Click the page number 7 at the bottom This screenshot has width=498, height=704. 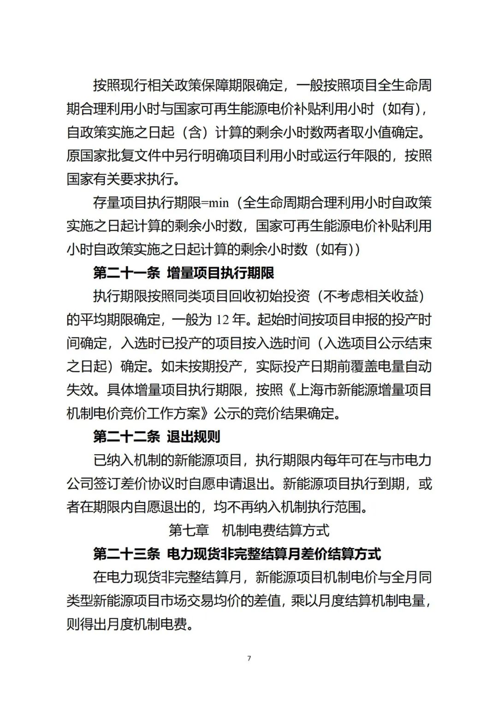click(249, 658)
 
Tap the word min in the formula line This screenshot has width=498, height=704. click(219, 203)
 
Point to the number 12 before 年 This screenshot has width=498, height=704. click(223, 320)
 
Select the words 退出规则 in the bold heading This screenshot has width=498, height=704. click(194, 437)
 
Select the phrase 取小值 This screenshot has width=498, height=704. click(372, 132)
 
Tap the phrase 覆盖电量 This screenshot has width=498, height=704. click(378, 367)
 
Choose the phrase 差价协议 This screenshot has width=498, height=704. click(141, 484)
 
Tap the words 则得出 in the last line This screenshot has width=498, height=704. click(87, 624)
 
